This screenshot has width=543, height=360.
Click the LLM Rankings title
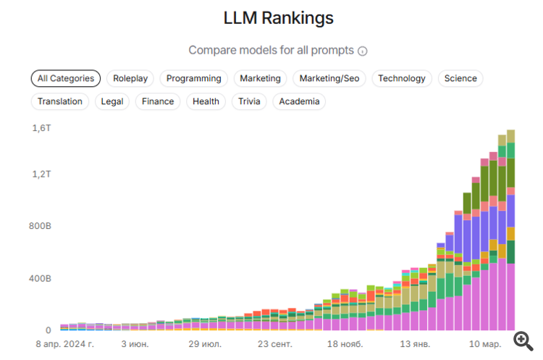(x=278, y=17)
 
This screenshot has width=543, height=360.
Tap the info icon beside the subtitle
(x=363, y=51)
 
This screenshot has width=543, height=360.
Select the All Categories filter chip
(x=66, y=78)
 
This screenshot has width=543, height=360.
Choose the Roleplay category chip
(x=130, y=78)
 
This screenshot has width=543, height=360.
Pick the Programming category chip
(x=193, y=78)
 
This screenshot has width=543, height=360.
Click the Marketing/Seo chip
(x=332, y=78)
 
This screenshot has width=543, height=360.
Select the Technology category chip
(x=402, y=78)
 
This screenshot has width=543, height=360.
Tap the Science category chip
(x=460, y=78)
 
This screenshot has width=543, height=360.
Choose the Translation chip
(x=60, y=101)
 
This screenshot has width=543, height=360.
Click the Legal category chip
(x=112, y=101)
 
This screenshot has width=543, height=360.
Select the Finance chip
(x=158, y=101)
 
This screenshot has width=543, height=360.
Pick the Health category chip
(x=206, y=101)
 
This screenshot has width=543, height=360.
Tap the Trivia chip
(x=249, y=101)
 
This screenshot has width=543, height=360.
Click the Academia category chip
(x=299, y=101)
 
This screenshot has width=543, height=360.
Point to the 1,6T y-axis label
(x=41, y=128)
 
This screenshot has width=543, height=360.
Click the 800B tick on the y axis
(x=39, y=226)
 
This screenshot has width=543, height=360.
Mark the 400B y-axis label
(x=39, y=278)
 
